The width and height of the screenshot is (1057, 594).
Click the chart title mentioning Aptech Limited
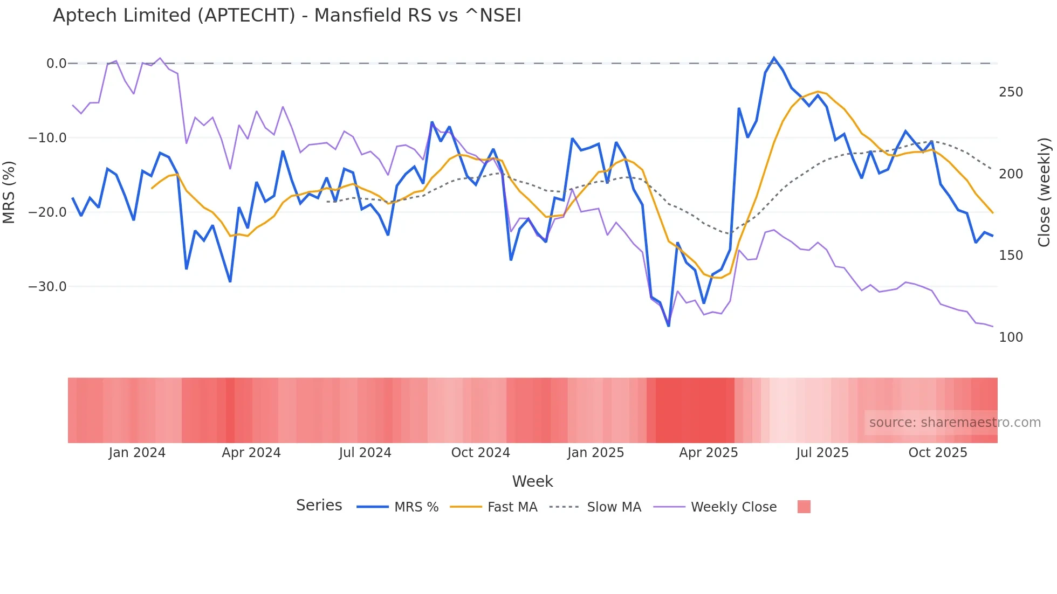[287, 16]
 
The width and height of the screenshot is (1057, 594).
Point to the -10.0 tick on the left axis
[47, 138]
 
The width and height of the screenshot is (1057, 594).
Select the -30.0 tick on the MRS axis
[47, 287]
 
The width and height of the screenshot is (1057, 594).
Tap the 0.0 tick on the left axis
[56, 64]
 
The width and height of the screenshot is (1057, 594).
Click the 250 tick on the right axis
[1011, 92]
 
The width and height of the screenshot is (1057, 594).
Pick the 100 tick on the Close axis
[1011, 337]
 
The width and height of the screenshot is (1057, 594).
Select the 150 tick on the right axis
[1011, 255]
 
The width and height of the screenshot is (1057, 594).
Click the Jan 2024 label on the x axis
[137, 453]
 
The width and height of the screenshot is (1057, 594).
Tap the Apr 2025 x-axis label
[708, 453]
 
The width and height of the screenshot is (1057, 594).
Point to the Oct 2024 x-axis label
[481, 453]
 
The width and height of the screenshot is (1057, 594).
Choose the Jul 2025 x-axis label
[822, 453]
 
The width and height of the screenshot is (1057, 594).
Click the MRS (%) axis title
[9, 192]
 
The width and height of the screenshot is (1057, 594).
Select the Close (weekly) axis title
[1044, 192]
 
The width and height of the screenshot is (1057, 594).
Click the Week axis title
[532, 481]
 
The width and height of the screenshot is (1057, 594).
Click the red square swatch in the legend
[804, 507]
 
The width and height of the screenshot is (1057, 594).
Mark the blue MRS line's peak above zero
[774, 58]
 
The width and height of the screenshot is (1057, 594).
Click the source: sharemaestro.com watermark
[955, 423]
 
